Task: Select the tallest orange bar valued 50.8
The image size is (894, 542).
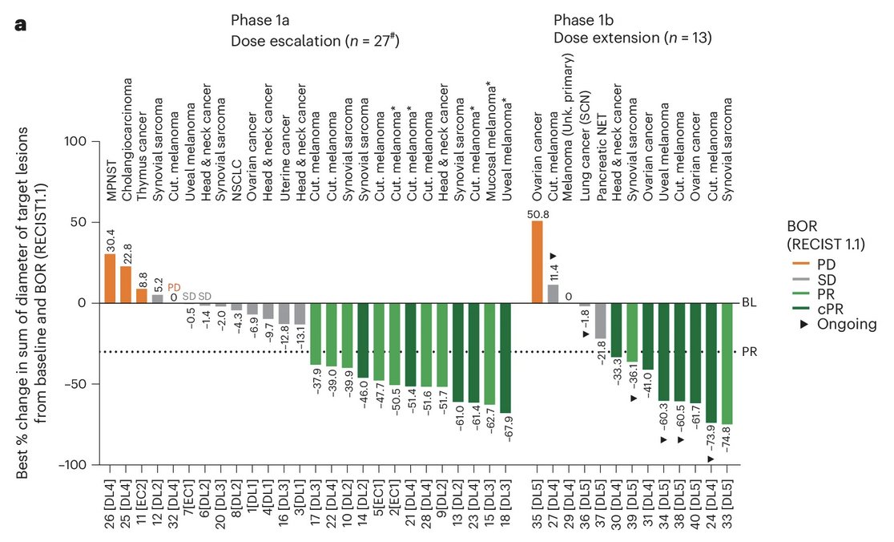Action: (x=538, y=262)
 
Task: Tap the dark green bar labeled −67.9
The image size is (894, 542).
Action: (x=505, y=358)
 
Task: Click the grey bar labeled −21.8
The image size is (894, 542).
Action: (x=601, y=321)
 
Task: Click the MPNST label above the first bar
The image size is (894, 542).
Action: (x=111, y=119)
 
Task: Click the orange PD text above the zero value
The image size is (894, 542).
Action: (x=174, y=287)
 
